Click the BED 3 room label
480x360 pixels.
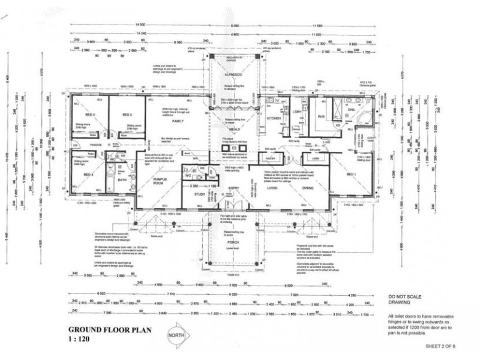tap(91, 114)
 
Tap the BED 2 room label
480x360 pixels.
tap(127, 114)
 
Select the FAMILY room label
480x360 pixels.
tap(177, 121)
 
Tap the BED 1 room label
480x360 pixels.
tap(353, 174)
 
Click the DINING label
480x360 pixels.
tap(308, 188)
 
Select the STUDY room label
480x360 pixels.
tap(199, 195)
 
